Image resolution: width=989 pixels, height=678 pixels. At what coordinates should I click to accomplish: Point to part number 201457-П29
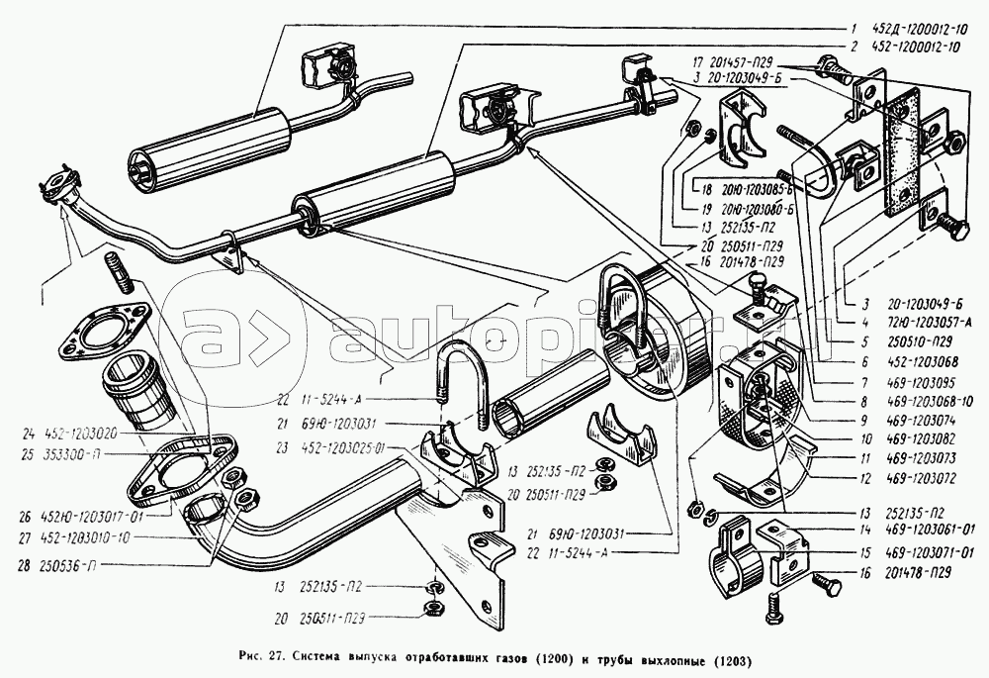click(742, 62)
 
